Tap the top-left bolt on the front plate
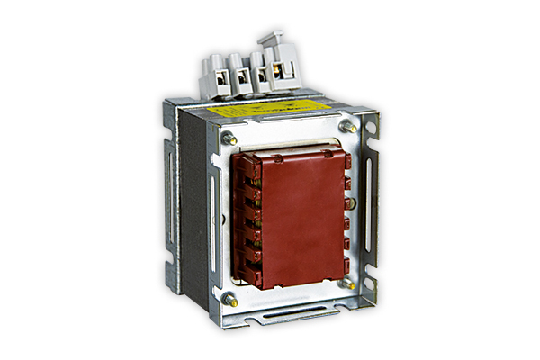pyautogui.click(x=229, y=138)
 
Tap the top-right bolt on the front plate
pyautogui.click(x=352, y=127)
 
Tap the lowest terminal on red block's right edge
pyautogui.click(x=348, y=263)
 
